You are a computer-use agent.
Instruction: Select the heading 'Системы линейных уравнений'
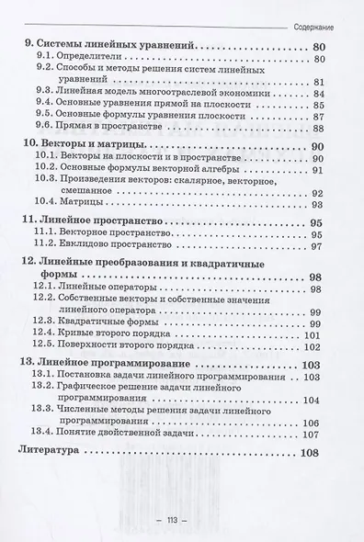tap(109, 48)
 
